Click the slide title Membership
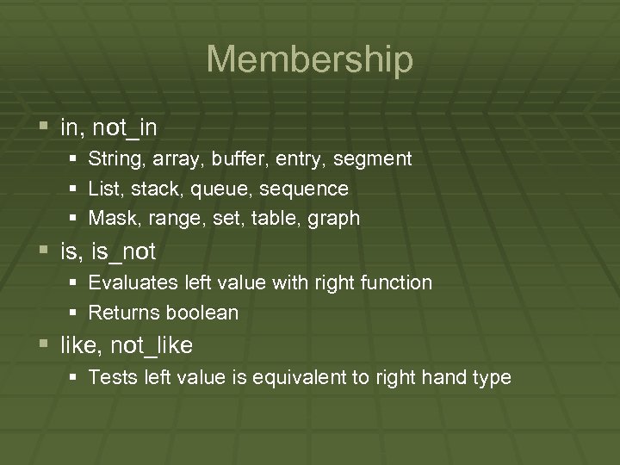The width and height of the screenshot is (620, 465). pyautogui.click(x=310, y=59)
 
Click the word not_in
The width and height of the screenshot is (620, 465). pyautogui.click(x=124, y=127)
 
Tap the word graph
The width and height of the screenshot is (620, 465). pyautogui.click(x=333, y=219)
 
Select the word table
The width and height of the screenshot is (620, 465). pyautogui.click(x=274, y=219)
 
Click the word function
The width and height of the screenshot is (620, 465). pyautogui.click(x=398, y=282)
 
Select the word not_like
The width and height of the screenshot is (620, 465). pyautogui.click(x=151, y=345)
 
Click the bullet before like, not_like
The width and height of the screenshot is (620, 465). pyautogui.click(x=46, y=345)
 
